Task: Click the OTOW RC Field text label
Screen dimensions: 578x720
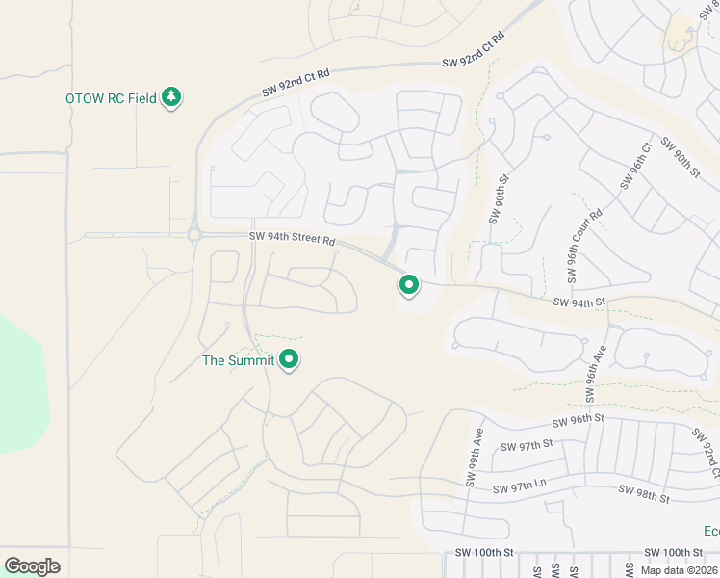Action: pos(111,98)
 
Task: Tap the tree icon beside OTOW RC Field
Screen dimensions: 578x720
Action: pos(172,97)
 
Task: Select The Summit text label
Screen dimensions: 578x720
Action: pos(238,361)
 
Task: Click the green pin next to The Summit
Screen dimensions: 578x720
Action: pos(289,360)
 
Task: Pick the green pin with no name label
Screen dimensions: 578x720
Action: pos(409,285)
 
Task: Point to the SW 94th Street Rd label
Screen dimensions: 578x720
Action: pos(293,239)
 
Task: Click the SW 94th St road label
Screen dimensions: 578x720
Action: pos(579,302)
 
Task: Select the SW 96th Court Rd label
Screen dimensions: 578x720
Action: pos(584,246)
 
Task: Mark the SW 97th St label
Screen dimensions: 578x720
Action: pos(527,444)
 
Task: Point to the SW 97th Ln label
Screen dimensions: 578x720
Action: pos(520,489)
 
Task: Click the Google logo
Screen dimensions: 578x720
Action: pos(32,566)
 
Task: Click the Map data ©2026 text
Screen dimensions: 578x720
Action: pos(680,570)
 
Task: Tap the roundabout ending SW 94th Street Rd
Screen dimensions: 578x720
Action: pos(194,234)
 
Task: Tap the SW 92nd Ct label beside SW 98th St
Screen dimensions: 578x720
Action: pos(706,456)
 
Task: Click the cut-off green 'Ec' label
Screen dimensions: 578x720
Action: pos(710,532)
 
